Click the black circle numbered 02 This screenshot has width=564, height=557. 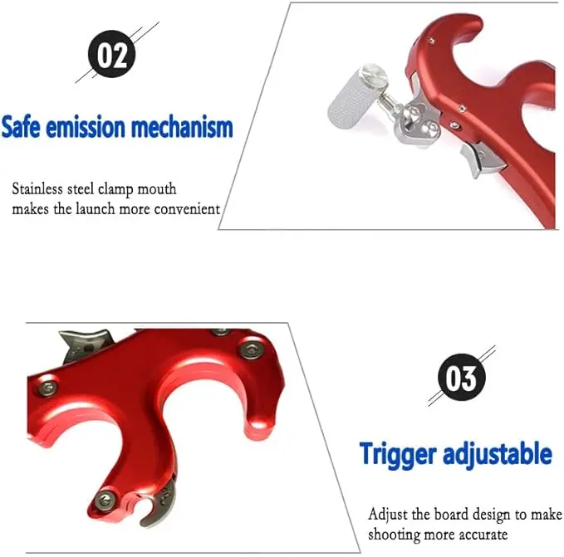click(112, 54)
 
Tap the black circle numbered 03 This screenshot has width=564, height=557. click(462, 378)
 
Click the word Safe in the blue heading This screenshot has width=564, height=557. click(21, 127)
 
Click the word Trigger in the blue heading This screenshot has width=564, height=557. click(398, 455)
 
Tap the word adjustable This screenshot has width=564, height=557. click(498, 455)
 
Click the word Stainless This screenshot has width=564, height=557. click(37, 188)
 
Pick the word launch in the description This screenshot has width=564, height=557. click(95, 208)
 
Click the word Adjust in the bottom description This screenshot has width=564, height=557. click(388, 515)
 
